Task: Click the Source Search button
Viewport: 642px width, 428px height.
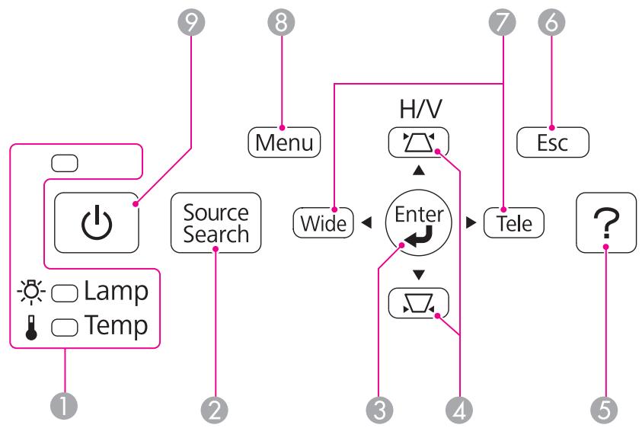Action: point(216,223)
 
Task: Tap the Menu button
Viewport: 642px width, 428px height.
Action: point(284,142)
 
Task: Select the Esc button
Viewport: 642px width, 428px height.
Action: point(553,142)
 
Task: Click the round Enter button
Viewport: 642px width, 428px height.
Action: point(419,223)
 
